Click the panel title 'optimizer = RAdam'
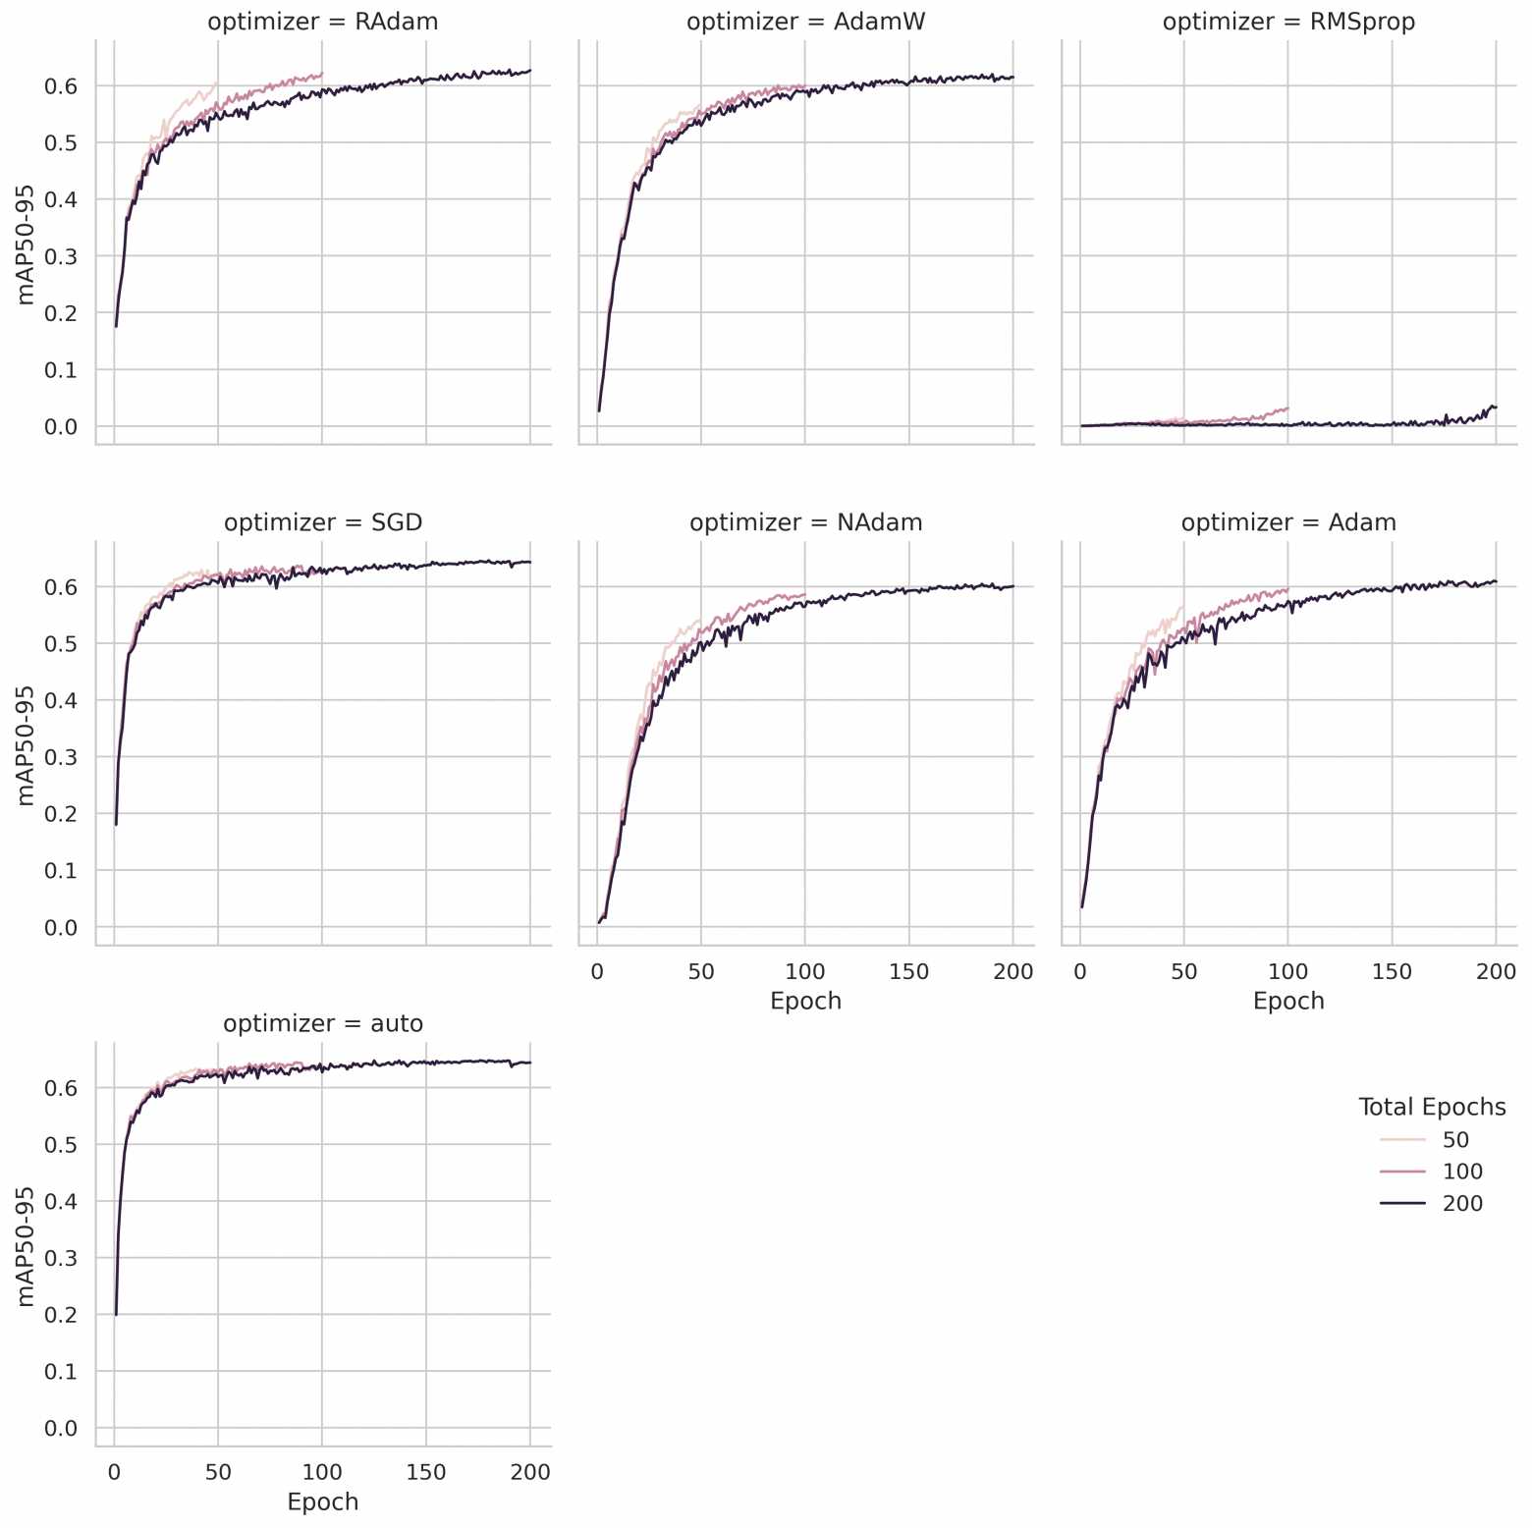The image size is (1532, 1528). click(x=322, y=22)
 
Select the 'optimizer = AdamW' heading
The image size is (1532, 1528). click(x=805, y=22)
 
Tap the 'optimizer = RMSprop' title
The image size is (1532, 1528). click(x=1288, y=22)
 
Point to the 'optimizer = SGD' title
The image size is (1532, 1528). click(x=322, y=522)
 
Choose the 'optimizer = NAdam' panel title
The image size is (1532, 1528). click(x=805, y=522)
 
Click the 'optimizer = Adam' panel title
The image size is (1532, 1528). click(x=1288, y=522)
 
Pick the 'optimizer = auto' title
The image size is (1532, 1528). click(x=322, y=1023)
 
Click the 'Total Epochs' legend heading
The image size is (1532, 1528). click(x=1431, y=1107)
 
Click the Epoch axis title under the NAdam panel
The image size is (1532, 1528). click(x=805, y=1001)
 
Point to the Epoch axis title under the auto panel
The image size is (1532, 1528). click(x=322, y=1501)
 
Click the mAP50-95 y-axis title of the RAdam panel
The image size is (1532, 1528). click(x=26, y=244)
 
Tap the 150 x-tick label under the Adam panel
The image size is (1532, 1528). click(x=1392, y=972)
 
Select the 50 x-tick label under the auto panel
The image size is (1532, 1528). click(x=218, y=1472)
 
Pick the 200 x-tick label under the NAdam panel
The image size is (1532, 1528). click(x=1013, y=972)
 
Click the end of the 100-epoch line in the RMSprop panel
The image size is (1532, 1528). click(x=1287, y=408)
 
